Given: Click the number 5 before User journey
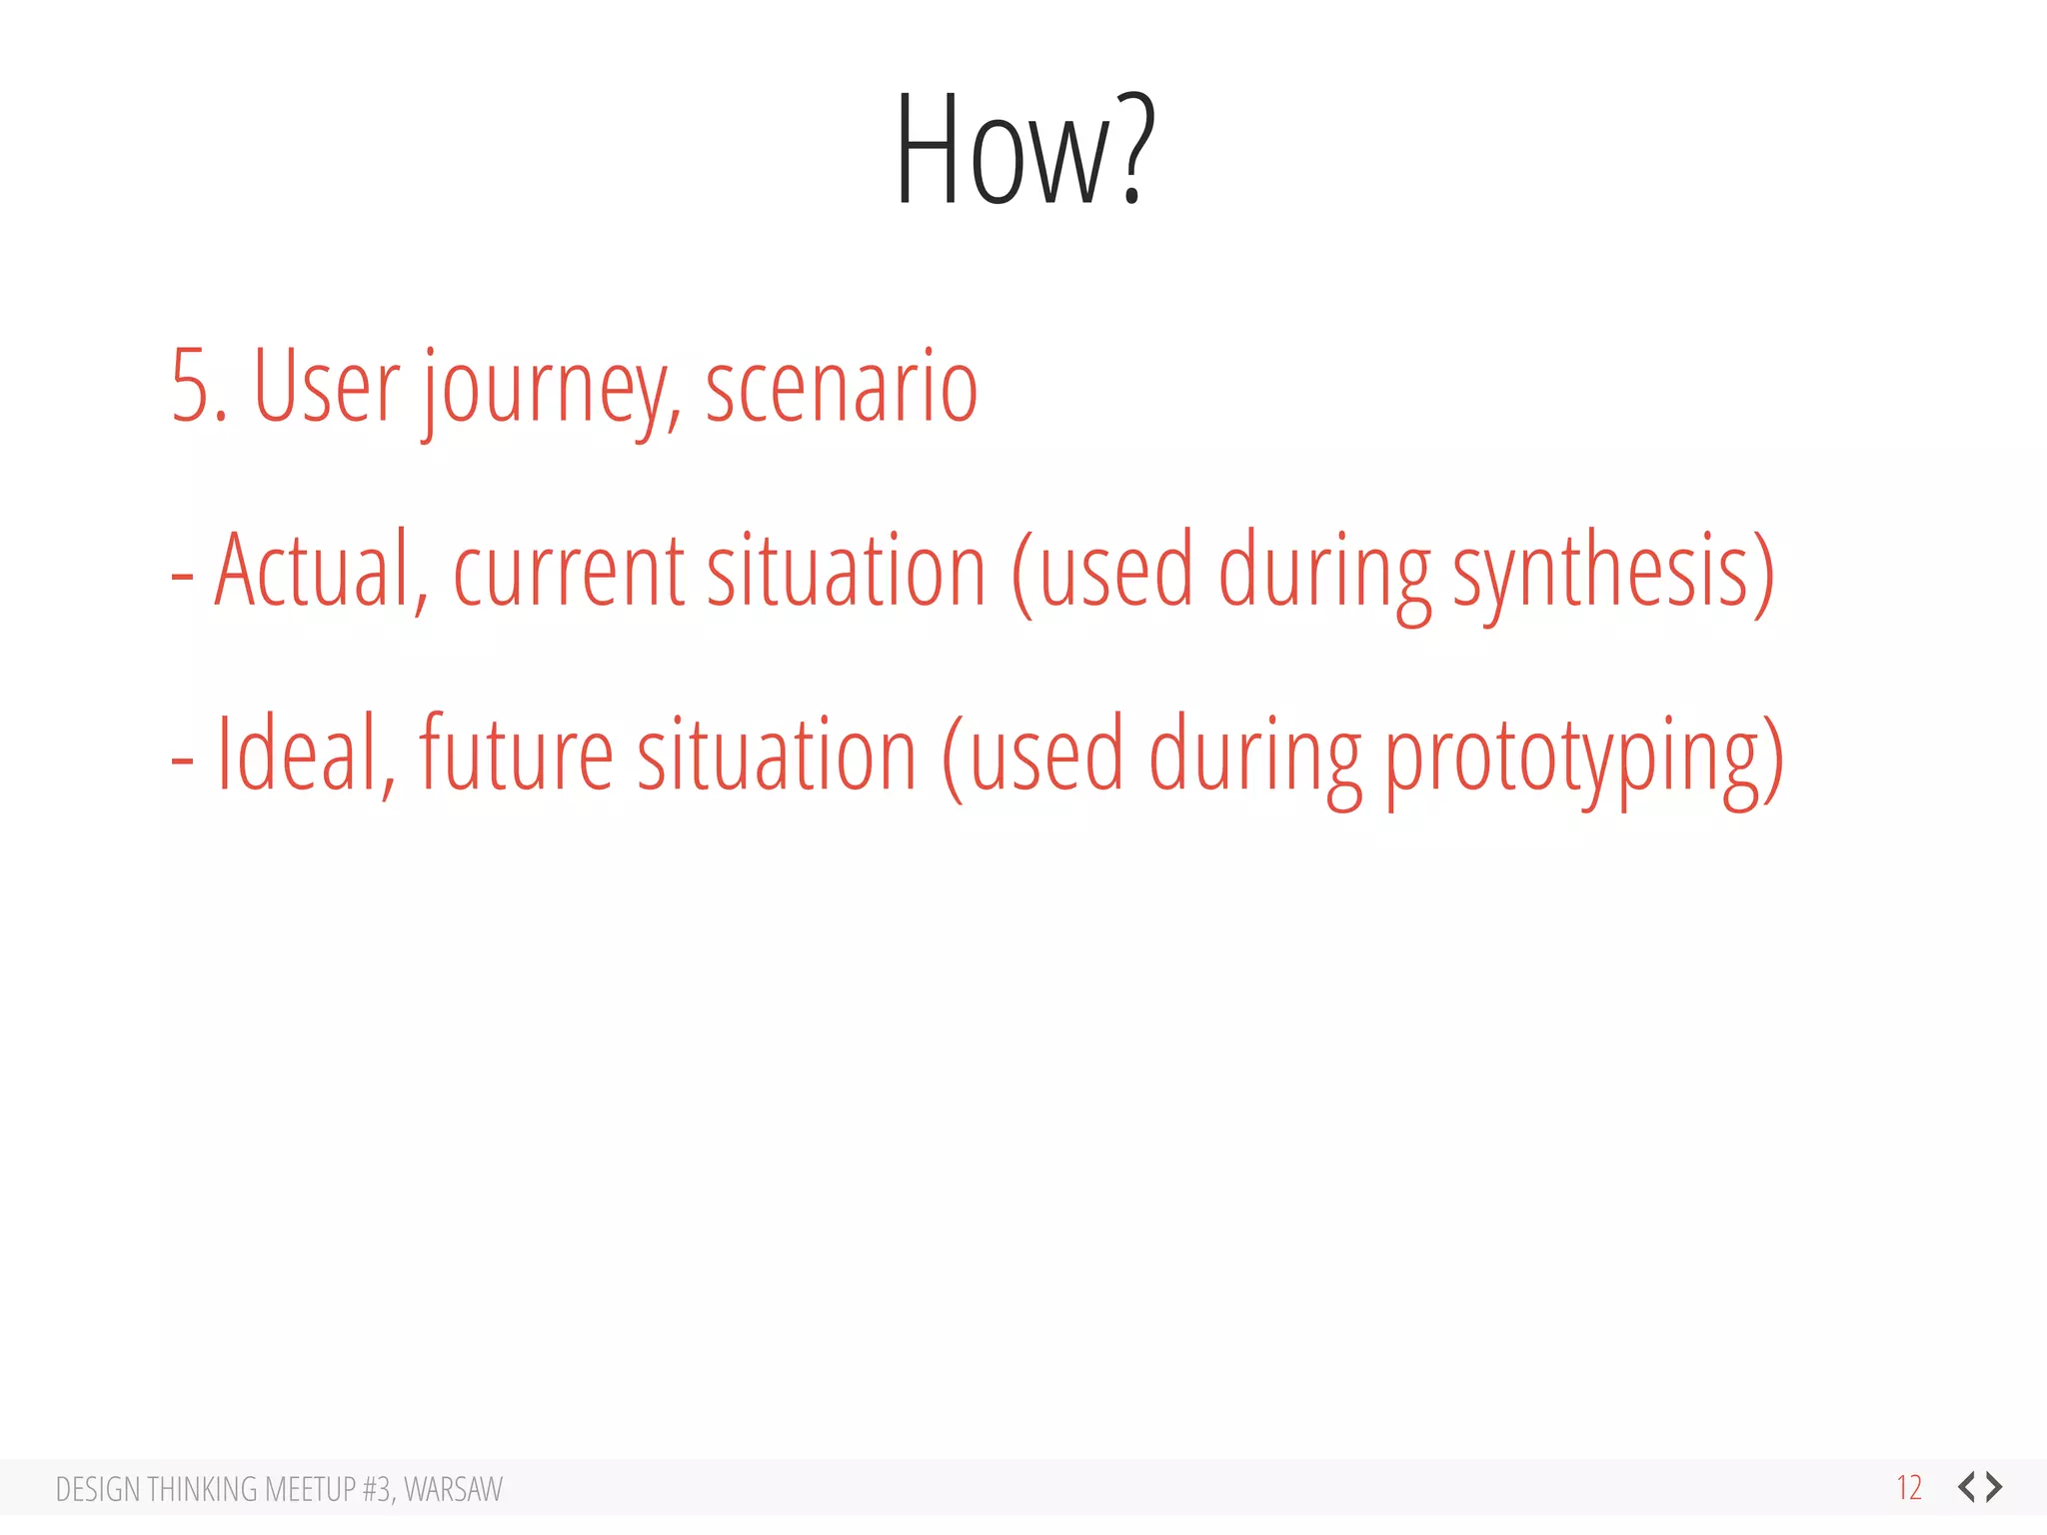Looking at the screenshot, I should pyautogui.click(x=190, y=388).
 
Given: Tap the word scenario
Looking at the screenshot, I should pyautogui.click(x=841, y=388).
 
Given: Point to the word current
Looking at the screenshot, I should pyautogui.click(x=569, y=572).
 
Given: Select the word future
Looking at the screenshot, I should pyautogui.click(x=516, y=754).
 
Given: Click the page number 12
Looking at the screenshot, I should pyautogui.click(x=1909, y=1488).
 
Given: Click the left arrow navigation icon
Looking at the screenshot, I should pyautogui.click(x=1967, y=1487).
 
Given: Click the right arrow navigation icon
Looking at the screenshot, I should pyautogui.click(x=1995, y=1487).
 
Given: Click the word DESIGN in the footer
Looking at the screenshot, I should pyautogui.click(x=98, y=1489).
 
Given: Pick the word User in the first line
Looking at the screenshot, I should pyautogui.click(x=326, y=388).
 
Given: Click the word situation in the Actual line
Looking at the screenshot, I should pyautogui.click(x=847, y=572).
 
